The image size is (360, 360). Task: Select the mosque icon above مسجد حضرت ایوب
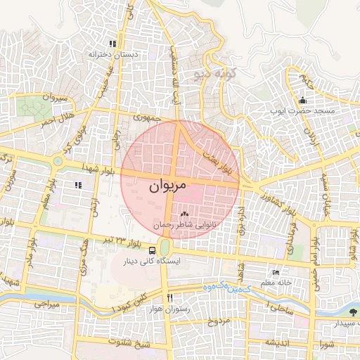(302, 100)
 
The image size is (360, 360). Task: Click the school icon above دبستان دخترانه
(112, 44)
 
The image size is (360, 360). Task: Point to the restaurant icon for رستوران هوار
(168, 298)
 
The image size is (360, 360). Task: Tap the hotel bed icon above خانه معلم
(276, 272)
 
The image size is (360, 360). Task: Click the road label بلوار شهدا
(98, 165)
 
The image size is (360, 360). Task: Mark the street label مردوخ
(219, 322)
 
